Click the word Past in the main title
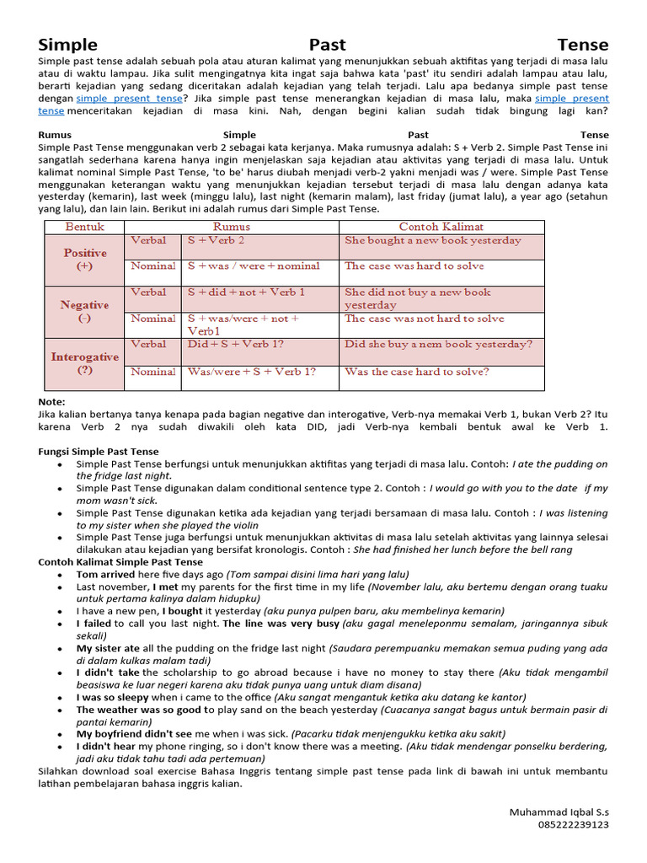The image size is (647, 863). tap(327, 45)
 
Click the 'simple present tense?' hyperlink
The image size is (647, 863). tap(129, 99)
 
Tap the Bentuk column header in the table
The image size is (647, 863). tap(84, 227)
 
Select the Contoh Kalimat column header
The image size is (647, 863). tap(441, 227)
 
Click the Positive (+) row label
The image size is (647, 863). tap(84, 260)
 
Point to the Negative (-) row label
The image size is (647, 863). tap(84, 312)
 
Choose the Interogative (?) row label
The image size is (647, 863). tap(84, 363)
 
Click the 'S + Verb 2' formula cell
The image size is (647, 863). tap(217, 240)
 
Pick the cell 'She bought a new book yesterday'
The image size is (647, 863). tap(432, 240)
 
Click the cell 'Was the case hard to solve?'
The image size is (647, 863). tap(416, 371)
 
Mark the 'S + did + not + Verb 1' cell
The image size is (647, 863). tap(246, 292)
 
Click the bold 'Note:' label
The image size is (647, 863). tap(51, 402)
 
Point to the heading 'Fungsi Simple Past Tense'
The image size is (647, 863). tap(99, 452)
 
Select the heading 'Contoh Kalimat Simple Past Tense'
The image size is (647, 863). tap(120, 562)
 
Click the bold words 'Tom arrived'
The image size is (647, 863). tap(106, 574)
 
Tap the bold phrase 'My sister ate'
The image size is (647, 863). tap(108, 648)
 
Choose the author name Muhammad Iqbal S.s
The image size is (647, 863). tap(559, 812)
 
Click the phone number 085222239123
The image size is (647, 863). tap(573, 824)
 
